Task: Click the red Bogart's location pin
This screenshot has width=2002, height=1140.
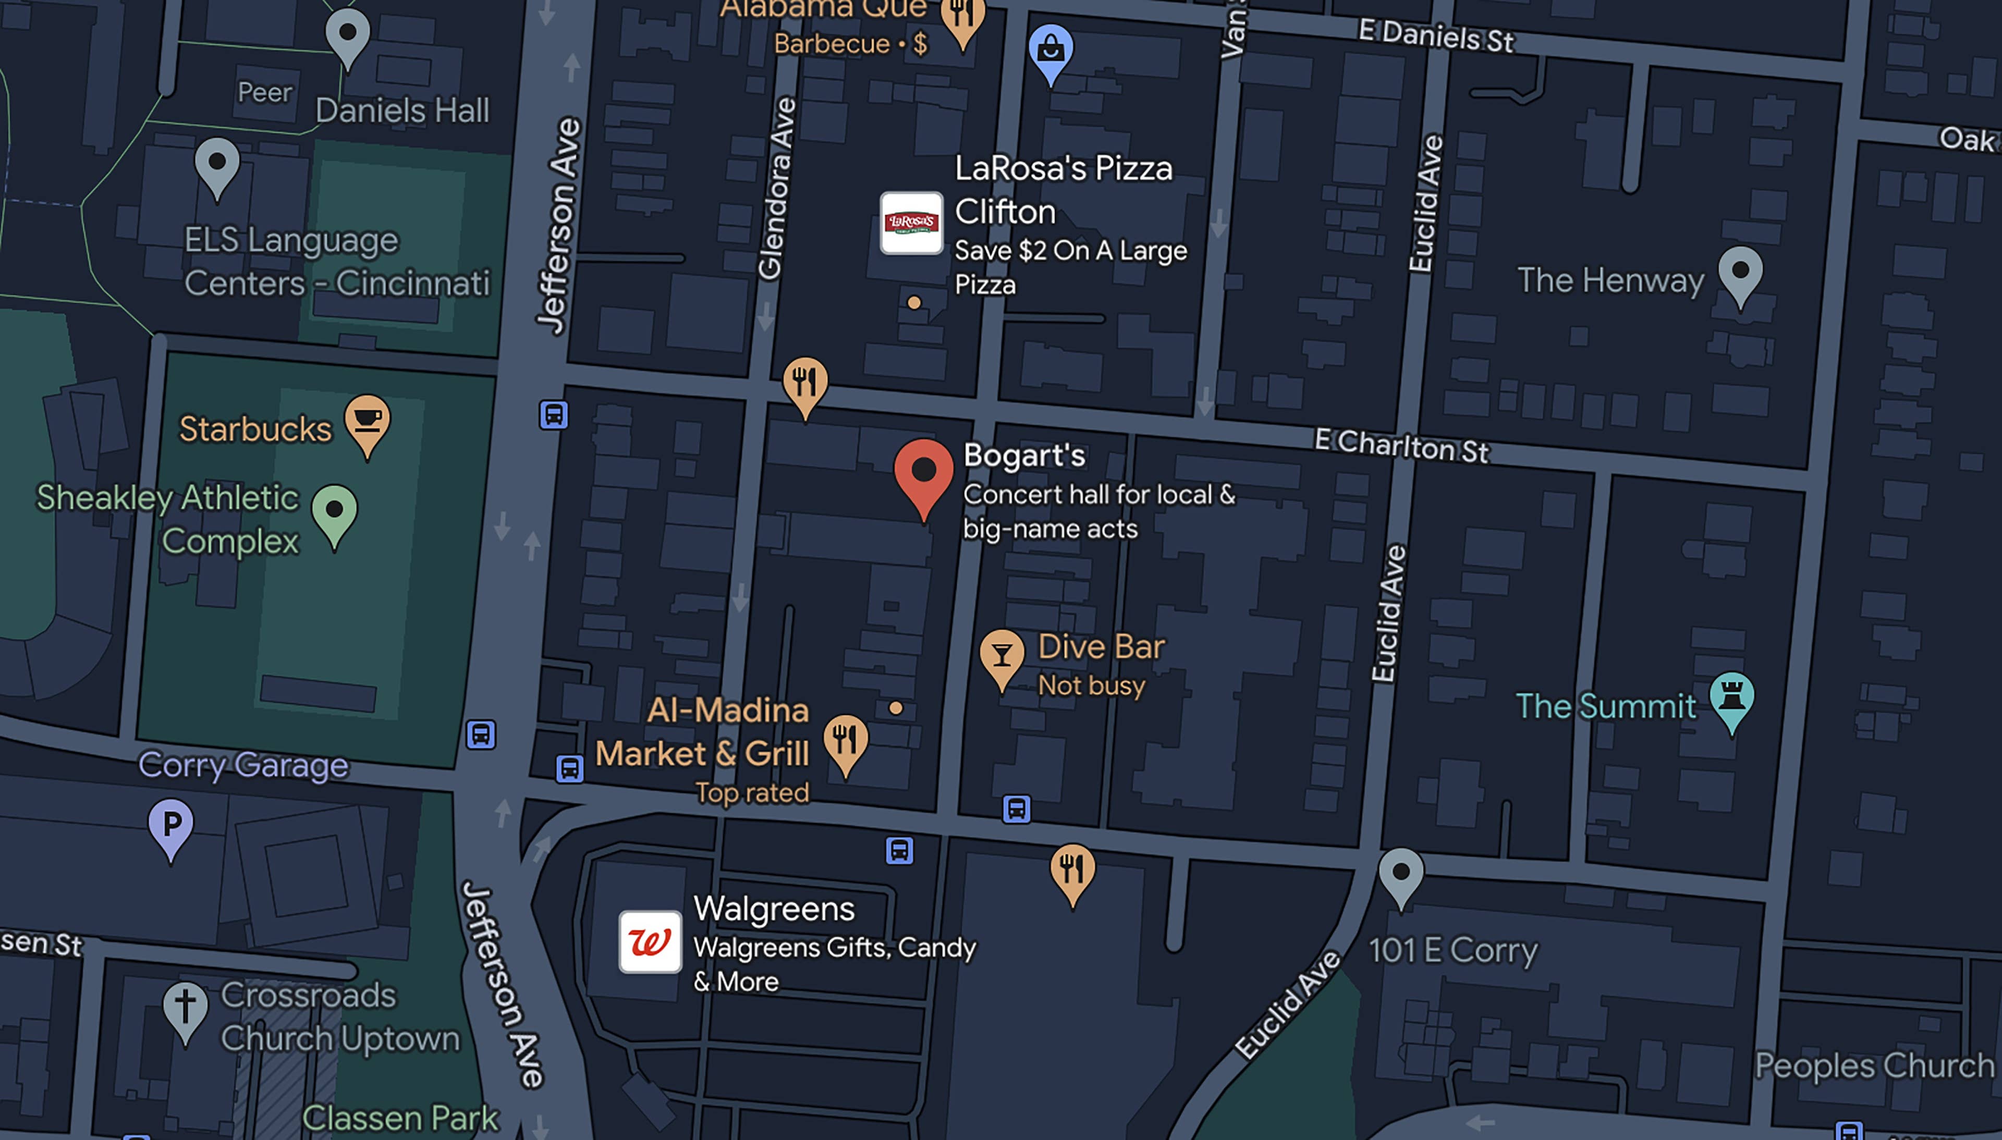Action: point(924,471)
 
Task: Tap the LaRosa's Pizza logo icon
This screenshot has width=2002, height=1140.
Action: point(911,223)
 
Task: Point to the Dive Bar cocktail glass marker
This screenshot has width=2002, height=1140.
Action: point(1002,655)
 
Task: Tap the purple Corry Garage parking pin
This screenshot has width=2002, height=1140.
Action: point(170,825)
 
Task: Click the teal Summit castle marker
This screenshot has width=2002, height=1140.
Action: point(1732,697)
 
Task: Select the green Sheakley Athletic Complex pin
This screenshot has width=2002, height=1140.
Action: point(334,510)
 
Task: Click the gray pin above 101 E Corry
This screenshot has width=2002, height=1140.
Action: point(1401,873)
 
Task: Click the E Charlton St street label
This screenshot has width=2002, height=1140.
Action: point(1401,446)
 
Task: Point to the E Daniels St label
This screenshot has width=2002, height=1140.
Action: point(1436,36)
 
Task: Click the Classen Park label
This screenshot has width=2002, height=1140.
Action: point(400,1117)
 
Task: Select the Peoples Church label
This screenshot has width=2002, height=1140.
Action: point(1874,1065)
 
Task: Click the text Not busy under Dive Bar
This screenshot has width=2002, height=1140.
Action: point(1091,686)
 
